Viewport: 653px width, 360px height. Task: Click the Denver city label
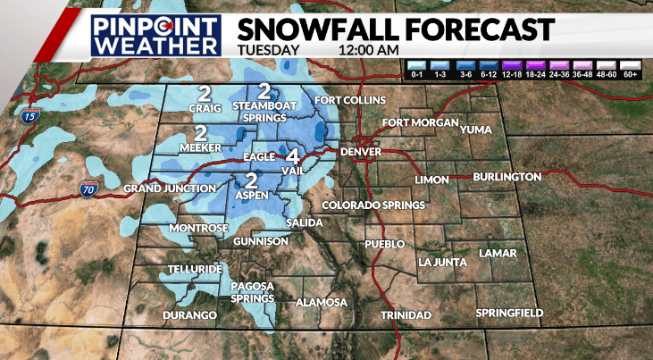[361, 153]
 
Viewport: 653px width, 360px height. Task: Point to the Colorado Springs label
[373, 205]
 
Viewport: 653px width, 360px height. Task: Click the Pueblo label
[385, 244]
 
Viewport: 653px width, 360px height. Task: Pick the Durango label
[190, 315]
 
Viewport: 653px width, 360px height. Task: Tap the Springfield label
[509, 312]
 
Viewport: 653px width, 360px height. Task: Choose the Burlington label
[508, 177]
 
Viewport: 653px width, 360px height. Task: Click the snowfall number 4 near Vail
[292, 153]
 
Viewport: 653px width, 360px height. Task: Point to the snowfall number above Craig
[205, 93]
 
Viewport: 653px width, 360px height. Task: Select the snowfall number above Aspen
[252, 179]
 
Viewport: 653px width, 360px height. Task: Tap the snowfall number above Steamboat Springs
[264, 90]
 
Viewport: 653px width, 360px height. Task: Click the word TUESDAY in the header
[269, 49]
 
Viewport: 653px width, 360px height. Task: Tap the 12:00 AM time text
[369, 49]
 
